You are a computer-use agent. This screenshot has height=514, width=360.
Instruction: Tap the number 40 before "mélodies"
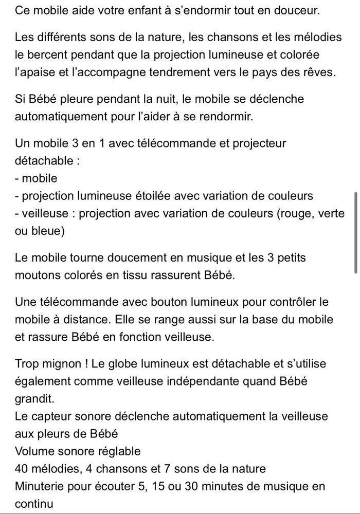coord(23,468)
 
